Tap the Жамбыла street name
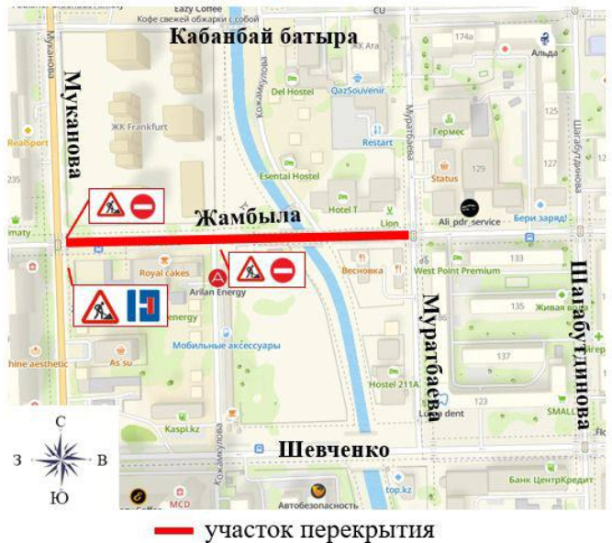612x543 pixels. [x=247, y=217]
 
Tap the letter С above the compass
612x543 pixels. [x=61, y=422]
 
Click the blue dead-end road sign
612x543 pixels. [x=144, y=306]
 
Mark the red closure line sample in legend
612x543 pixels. [x=173, y=530]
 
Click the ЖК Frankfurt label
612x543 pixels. [x=138, y=127]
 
